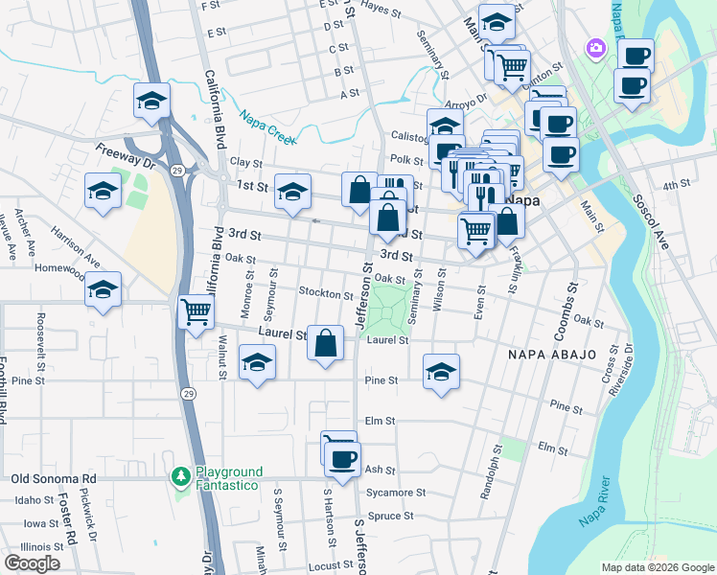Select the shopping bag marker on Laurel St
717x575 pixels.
click(x=326, y=342)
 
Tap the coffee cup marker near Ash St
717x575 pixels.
click(x=341, y=459)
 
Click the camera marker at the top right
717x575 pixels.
click(x=596, y=47)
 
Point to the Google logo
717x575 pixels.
click(x=32, y=563)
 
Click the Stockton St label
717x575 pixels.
click(x=327, y=293)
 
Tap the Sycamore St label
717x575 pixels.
click(x=396, y=493)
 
